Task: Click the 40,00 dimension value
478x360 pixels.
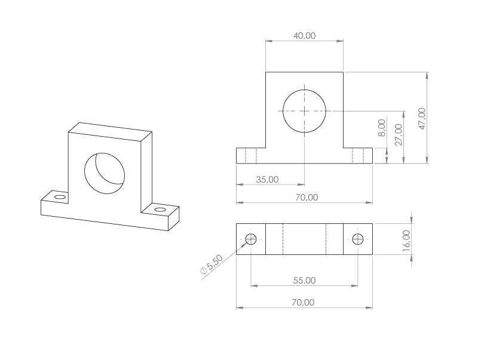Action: [304, 36]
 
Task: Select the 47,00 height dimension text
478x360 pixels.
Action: [422, 117]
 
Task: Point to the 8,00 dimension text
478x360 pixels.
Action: [382, 128]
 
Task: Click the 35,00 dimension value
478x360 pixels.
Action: [266, 179]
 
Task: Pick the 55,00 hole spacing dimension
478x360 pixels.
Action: [304, 280]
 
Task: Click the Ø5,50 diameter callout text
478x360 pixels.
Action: [212, 265]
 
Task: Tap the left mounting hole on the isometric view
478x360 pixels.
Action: [59, 197]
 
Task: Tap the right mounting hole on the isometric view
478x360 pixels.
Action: [160, 210]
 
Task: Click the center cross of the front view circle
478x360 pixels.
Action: [304, 111]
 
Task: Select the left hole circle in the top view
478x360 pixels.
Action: [251, 239]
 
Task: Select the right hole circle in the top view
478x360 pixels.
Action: [358, 239]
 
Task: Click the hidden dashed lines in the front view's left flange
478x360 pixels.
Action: [251, 156]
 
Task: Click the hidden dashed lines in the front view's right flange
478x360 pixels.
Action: [358, 156]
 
